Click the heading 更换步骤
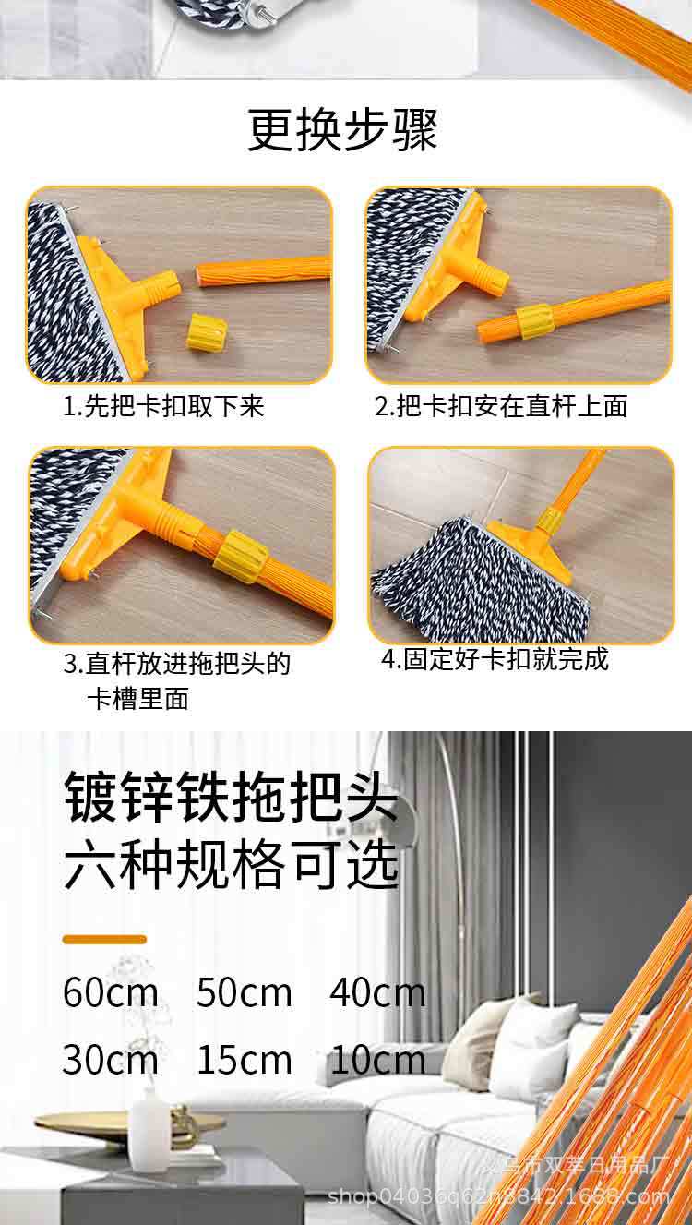click(342, 131)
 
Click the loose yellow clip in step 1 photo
click(208, 331)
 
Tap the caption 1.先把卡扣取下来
click(163, 407)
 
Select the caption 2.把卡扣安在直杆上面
click(501, 407)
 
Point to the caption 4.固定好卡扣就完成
click(495, 659)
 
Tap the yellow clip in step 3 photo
click(241, 558)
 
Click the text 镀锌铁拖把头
click(231, 799)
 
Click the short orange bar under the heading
click(104, 939)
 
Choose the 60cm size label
click(111, 993)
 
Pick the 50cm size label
click(244, 993)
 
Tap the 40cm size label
click(377, 993)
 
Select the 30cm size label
click(111, 1060)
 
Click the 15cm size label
click(244, 1060)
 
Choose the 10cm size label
click(377, 1060)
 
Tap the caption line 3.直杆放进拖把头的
click(176, 664)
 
